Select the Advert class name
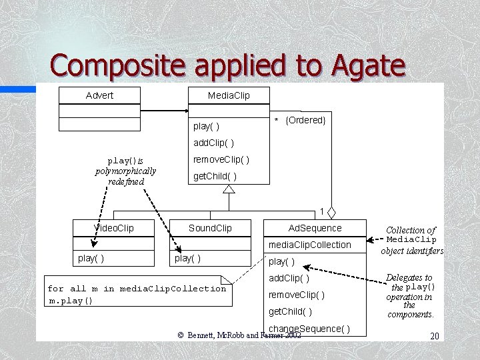click(99, 95)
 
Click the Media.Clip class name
click(229, 95)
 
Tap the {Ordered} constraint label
click(305, 120)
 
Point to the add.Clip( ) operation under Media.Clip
click(213, 143)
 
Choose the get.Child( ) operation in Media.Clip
click(214, 177)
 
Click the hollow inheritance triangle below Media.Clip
click(229, 189)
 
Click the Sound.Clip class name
click(210, 228)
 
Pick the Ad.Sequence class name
click(315, 228)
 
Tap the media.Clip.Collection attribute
click(309, 245)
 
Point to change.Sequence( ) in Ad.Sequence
click(309, 329)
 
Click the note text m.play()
click(71, 300)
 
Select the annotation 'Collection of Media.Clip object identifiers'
click(411, 240)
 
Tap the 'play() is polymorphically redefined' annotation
click(125, 171)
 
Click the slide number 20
click(434, 337)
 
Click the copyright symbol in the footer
click(180, 335)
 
